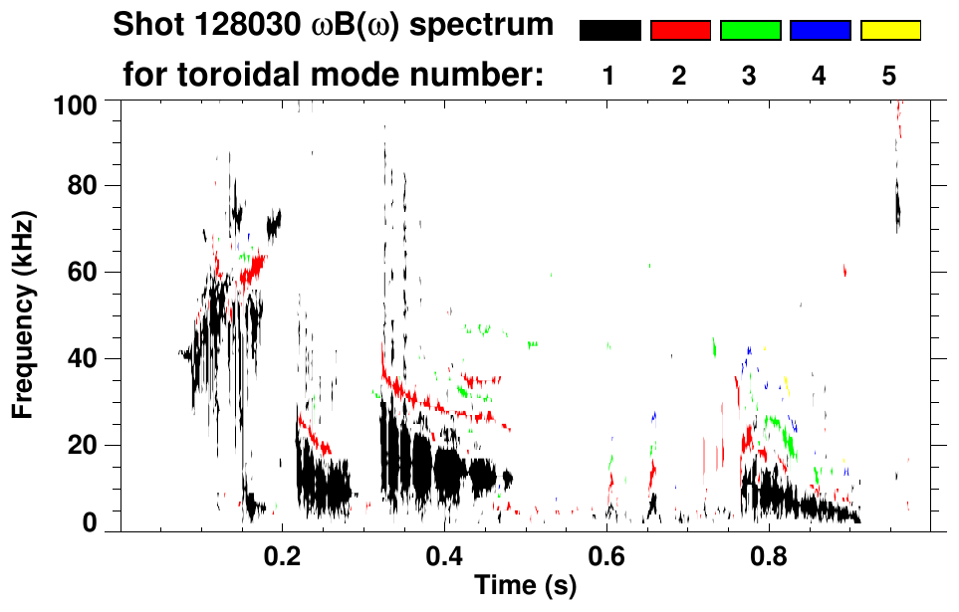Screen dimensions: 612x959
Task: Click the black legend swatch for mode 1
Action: click(609, 31)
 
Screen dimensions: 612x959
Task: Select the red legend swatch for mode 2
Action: click(680, 31)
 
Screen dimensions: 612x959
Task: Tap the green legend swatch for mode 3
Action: click(750, 31)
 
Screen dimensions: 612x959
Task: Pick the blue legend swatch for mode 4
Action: click(820, 31)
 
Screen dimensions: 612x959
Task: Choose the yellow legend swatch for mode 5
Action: click(890, 31)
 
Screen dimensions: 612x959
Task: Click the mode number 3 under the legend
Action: click(749, 76)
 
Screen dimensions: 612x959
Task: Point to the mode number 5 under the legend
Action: click(889, 76)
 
